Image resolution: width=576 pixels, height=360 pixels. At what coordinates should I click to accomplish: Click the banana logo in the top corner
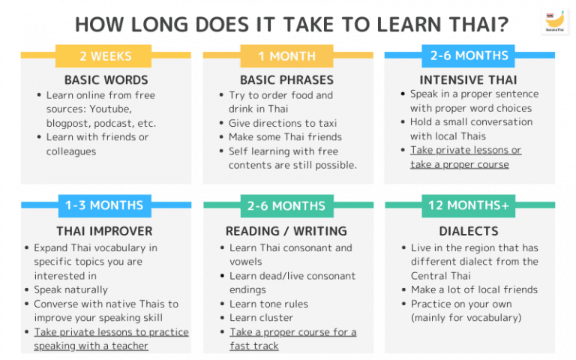tap(553, 22)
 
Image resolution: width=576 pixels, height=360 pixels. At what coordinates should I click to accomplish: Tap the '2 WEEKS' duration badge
tap(105, 56)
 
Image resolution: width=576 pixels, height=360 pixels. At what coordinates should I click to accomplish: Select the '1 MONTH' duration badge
tap(286, 56)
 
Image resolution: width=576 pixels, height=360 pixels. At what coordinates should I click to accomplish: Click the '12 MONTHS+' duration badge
tap(469, 205)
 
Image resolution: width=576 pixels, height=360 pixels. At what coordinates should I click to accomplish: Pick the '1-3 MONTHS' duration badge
tap(105, 205)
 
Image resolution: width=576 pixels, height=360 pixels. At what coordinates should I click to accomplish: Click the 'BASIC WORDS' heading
tap(106, 79)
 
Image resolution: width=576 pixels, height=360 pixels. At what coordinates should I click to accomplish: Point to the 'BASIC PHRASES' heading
tap(287, 79)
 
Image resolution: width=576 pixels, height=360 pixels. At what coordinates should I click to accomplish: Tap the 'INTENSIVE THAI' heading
tap(469, 79)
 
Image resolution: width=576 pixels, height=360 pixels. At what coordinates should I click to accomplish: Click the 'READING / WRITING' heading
tap(286, 231)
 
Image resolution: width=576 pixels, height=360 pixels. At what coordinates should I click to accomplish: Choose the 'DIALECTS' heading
tap(469, 231)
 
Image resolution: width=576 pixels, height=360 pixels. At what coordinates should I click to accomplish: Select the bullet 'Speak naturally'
tap(70, 289)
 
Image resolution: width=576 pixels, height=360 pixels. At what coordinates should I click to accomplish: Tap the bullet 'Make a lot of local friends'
tap(474, 289)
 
